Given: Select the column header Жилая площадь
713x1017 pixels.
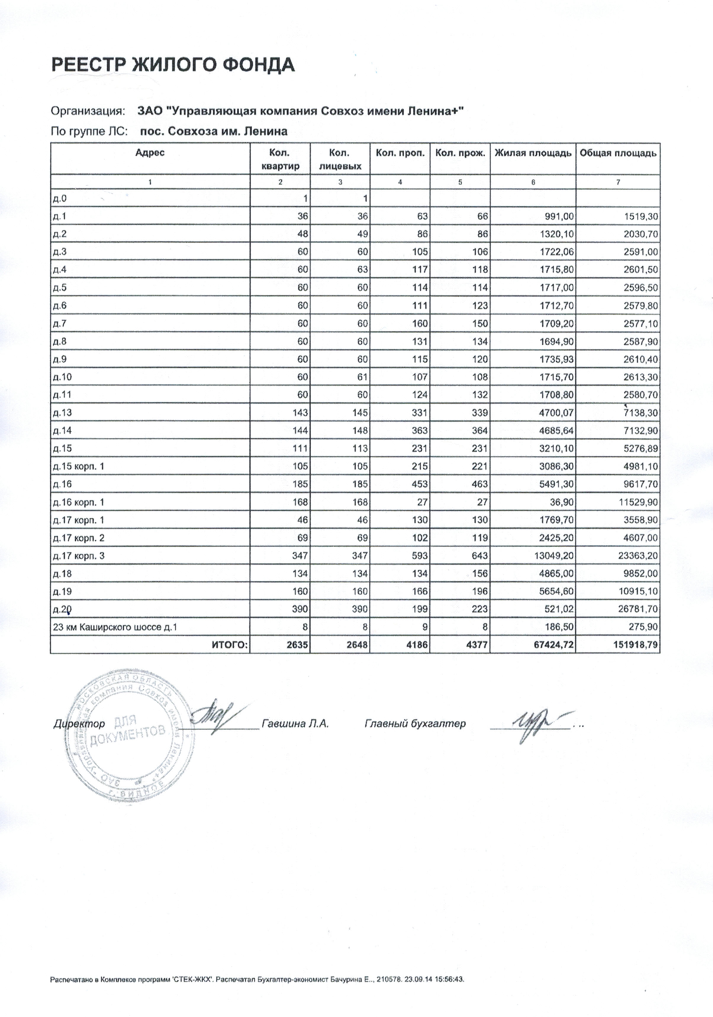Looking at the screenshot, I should tap(533, 153).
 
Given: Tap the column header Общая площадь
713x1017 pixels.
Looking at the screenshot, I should tap(618, 153).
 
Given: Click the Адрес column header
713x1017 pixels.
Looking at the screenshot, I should tap(150, 152).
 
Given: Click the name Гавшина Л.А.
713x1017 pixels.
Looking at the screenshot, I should tap(295, 724).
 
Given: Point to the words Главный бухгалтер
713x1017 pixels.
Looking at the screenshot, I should tap(415, 724).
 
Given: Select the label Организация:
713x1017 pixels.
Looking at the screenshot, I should tap(87, 111).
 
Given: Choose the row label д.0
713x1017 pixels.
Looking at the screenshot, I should tap(59, 198).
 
